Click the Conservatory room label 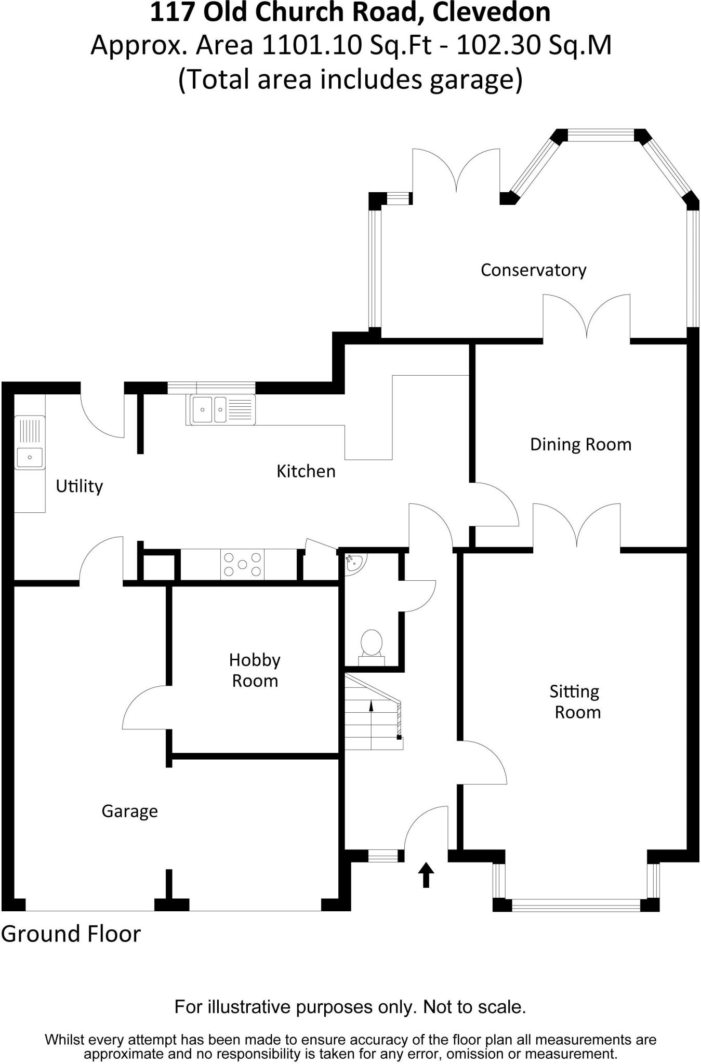(x=533, y=270)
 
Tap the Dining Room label (x=580, y=445)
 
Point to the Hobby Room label (x=255, y=670)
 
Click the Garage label (x=129, y=811)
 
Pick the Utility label (x=79, y=486)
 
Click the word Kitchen (x=306, y=471)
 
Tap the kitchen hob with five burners (x=242, y=564)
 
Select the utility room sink (x=30, y=456)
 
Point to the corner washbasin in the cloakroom (x=355, y=562)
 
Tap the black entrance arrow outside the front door (x=426, y=875)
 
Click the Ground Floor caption (x=71, y=934)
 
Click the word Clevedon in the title (x=492, y=12)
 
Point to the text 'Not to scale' (x=474, y=1007)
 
